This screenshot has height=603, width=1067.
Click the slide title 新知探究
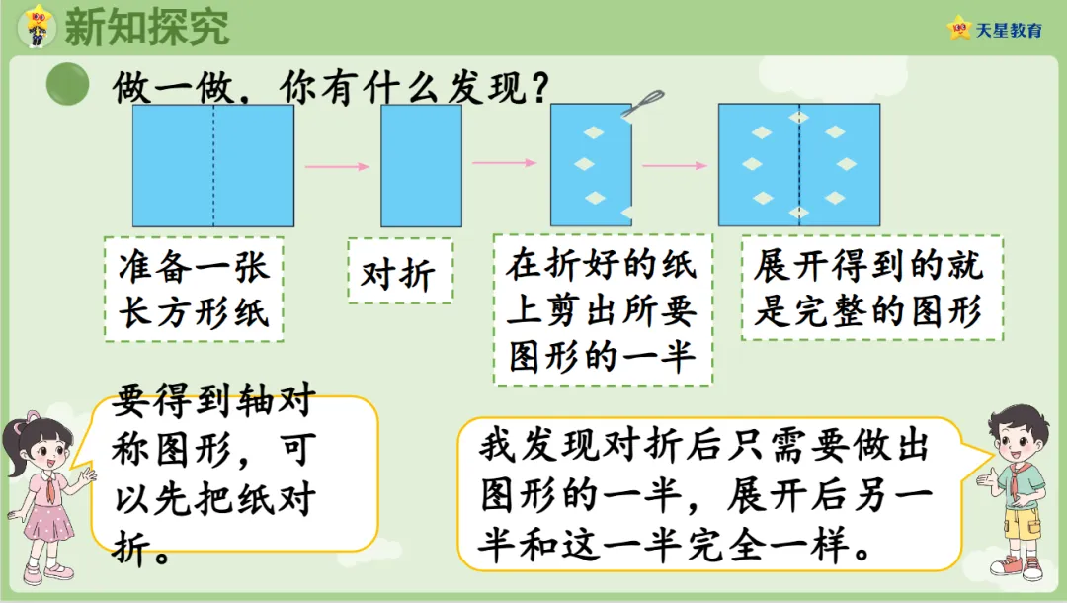(x=146, y=27)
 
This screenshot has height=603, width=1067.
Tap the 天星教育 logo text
(x=1009, y=30)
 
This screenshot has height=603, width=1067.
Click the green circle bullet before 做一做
(x=67, y=85)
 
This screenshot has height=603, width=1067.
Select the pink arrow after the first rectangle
(x=337, y=166)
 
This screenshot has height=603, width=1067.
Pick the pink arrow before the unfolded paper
(x=676, y=166)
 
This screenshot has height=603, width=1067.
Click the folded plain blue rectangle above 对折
(x=421, y=166)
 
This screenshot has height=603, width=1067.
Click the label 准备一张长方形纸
(x=193, y=289)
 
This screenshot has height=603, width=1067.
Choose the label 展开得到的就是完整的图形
(x=871, y=288)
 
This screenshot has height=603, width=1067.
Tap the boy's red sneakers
(x=1017, y=566)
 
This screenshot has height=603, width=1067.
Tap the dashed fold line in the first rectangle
(x=213, y=166)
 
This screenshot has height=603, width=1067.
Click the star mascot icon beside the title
(x=38, y=25)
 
